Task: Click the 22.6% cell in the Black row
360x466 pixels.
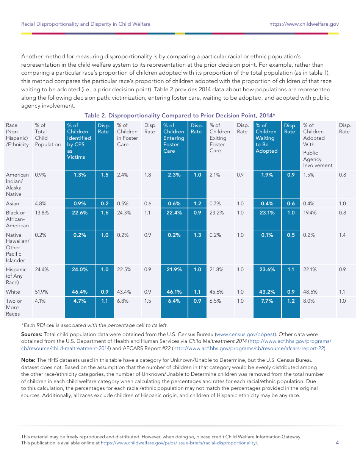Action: pos(80,213)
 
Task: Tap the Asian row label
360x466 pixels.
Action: pos(13,204)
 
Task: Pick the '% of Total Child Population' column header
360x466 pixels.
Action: pos(47,135)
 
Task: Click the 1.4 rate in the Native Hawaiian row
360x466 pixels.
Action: pos(342,235)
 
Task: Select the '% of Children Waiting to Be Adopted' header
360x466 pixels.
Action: pos(266,138)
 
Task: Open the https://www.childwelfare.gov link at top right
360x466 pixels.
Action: pos(304,24)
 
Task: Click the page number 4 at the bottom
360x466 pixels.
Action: pos(337,443)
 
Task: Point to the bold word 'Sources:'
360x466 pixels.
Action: pos(32,335)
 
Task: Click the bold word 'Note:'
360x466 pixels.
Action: pos(28,360)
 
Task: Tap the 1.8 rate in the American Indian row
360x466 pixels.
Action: pos(148,175)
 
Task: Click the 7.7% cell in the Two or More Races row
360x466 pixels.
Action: pos(267,301)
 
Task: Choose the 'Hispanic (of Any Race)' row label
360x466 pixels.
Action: pos(16,276)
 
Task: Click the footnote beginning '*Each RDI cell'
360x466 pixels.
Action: pos(94,325)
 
